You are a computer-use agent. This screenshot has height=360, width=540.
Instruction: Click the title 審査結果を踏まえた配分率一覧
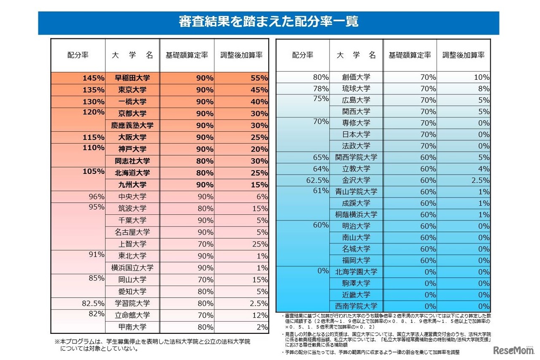[x=268, y=22]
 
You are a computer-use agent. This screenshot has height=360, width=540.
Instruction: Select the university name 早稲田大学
[x=132, y=78]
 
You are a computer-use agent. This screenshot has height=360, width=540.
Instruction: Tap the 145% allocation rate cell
[x=94, y=78]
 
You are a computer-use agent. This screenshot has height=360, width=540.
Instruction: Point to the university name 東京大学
[x=132, y=90]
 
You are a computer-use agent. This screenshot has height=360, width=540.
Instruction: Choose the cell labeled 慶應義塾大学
[x=132, y=125]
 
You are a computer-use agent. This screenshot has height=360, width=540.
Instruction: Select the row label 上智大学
[x=132, y=244]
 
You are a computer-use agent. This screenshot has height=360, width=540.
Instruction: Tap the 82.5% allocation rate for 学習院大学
[x=92, y=303]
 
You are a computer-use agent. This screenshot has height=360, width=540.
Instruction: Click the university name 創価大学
[x=356, y=77]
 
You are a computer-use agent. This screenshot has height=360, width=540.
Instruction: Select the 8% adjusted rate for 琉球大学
[x=483, y=89]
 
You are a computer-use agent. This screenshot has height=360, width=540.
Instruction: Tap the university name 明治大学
[x=356, y=226]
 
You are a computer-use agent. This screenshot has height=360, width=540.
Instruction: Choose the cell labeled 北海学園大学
[x=356, y=272]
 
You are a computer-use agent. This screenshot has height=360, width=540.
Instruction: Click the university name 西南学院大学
[x=356, y=306]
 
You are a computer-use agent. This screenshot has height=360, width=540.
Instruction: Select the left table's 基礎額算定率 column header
[x=187, y=55]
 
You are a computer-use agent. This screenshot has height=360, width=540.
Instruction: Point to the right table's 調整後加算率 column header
[x=463, y=55]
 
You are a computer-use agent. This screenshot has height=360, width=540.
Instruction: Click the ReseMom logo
[x=515, y=350]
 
